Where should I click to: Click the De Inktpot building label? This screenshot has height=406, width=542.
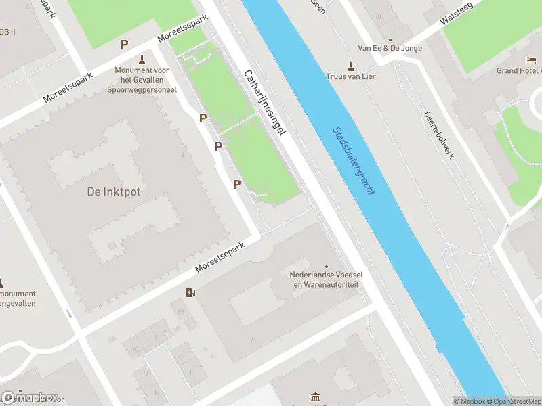tap(114, 191)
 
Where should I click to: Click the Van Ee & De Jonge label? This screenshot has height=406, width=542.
tap(390, 49)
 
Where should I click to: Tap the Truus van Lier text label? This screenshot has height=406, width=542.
tap(350, 76)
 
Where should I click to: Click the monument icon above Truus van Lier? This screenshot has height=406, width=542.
tap(350, 66)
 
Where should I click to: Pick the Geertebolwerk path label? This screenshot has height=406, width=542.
tap(439, 135)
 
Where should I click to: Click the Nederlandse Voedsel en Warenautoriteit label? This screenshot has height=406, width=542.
tap(325, 280)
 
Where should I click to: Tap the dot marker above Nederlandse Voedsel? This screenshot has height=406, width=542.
tap(327, 267)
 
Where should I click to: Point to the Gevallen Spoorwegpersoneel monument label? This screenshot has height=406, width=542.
tap(142, 79)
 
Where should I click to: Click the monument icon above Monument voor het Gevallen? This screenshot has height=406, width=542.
tap(142, 59)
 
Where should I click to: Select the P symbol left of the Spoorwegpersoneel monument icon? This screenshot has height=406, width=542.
tap(124, 45)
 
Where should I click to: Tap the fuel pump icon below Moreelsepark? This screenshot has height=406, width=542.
tap(191, 293)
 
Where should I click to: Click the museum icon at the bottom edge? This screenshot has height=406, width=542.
tap(314, 397)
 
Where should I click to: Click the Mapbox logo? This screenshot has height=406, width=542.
tap(30, 397)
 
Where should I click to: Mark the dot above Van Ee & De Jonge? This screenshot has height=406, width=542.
tap(390, 39)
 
